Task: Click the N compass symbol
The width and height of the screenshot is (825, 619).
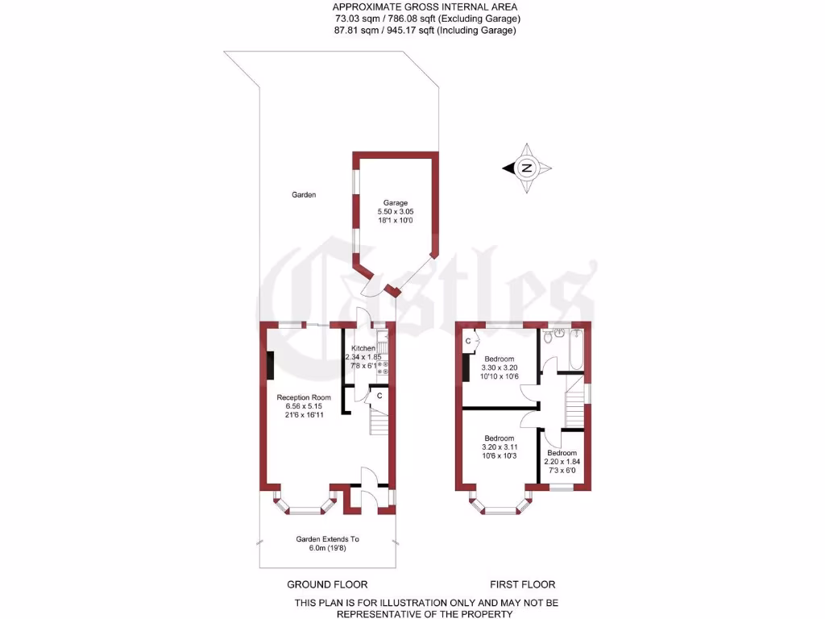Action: (x=527, y=168)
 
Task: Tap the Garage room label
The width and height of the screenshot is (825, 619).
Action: (x=395, y=203)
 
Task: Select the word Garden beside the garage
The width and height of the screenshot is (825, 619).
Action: (x=304, y=195)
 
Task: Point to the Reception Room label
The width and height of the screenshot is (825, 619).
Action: (x=304, y=397)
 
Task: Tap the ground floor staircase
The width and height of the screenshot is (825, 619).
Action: (x=379, y=420)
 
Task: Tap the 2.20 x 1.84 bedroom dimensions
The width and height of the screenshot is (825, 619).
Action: (x=562, y=462)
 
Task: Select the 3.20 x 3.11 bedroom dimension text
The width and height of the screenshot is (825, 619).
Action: (x=500, y=447)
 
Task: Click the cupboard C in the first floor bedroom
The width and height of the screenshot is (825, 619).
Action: (x=468, y=342)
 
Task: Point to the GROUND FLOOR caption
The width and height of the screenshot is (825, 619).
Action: (x=327, y=584)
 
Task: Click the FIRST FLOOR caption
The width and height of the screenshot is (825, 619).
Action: (x=522, y=584)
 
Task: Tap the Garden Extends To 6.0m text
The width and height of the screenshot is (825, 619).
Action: (x=327, y=544)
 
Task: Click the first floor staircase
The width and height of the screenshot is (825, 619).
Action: (x=573, y=407)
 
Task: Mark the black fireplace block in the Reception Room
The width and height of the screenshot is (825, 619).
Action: (x=270, y=365)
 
